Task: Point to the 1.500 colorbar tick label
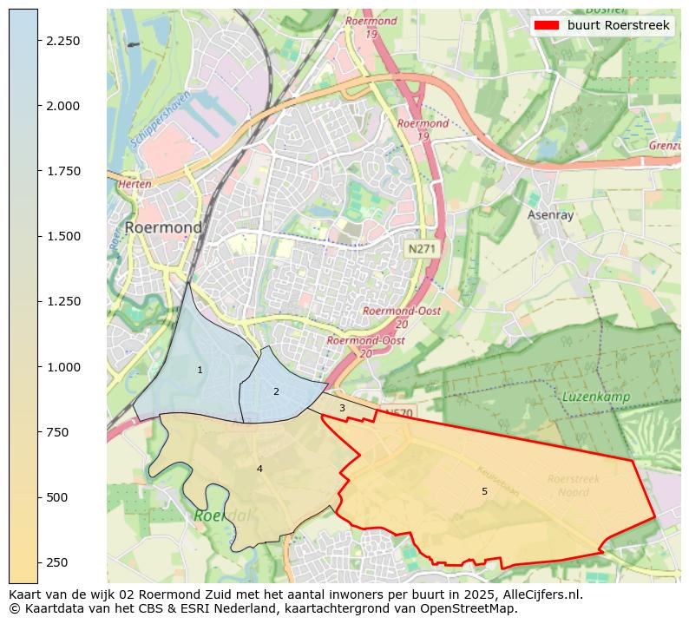[63, 236]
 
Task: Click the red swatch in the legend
[547, 25]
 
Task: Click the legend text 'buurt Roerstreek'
[618, 25]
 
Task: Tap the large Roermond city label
[163, 227]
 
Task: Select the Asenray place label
[551, 214]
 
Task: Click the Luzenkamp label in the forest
[594, 397]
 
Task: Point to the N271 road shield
[423, 249]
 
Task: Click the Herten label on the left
[135, 184]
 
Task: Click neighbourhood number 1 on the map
[200, 370]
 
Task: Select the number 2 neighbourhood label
[276, 391]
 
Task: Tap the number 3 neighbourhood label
[342, 408]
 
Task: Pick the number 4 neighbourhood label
[259, 469]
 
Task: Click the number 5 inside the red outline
[484, 491]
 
